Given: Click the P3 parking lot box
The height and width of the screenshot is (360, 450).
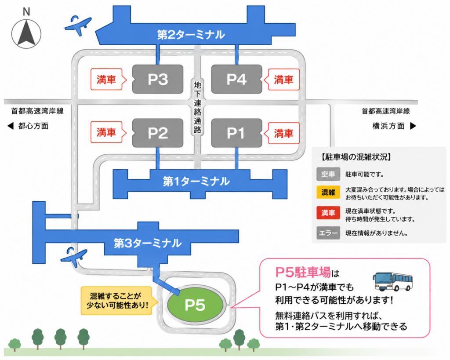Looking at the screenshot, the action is [x=158, y=79].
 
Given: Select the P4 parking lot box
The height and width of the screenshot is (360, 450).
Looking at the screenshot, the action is [x=237, y=79].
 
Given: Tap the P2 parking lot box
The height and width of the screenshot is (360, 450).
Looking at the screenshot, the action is [x=158, y=133].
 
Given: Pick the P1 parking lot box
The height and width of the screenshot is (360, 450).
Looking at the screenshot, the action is [x=237, y=133].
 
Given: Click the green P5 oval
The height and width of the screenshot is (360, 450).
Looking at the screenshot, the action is [x=195, y=305].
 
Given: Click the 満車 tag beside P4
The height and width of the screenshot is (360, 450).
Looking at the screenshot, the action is [x=282, y=80].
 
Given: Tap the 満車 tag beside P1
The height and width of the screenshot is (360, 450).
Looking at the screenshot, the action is [x=282, y=133].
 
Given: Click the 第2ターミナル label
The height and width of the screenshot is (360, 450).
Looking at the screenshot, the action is [x=191, y=35].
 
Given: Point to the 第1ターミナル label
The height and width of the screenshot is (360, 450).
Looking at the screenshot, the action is [x=196, y=181].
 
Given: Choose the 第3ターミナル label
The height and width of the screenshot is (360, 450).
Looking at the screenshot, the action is [x=148, y=243].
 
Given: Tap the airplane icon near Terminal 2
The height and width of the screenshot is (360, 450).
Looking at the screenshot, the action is [x=78, y=25].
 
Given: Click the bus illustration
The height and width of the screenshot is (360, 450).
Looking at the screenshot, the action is [x=392, y=282].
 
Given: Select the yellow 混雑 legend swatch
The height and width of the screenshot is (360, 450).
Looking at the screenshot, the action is [x=328, y=193].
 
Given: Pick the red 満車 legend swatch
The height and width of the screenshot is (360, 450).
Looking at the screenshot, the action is [x=328, y=213].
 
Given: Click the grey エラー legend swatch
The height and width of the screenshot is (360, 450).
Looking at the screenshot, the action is [x=328, y=233].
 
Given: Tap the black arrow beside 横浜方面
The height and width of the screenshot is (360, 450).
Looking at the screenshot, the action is [x=413, y=126].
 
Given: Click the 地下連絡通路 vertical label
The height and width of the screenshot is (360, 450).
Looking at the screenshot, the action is [x=197, y=107].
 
